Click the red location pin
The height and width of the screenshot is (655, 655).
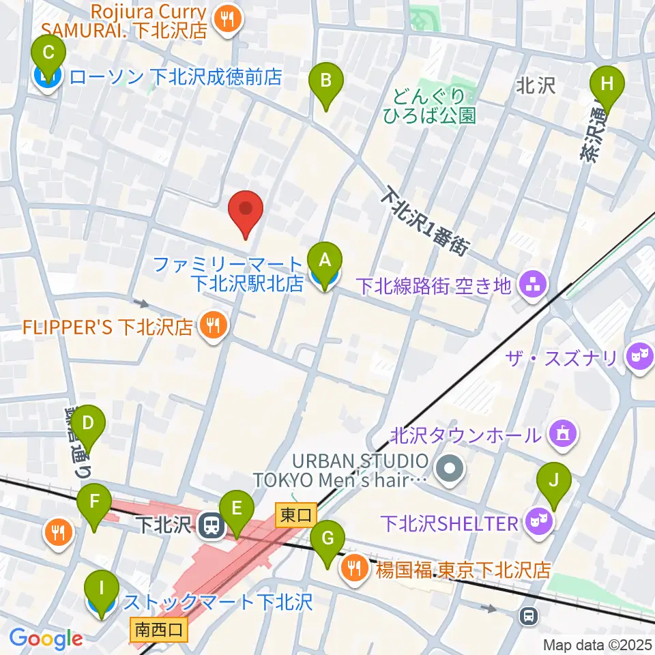(246, 212)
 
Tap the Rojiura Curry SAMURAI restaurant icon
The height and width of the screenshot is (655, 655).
(226, 21)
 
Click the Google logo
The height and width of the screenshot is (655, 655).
(46, 639)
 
